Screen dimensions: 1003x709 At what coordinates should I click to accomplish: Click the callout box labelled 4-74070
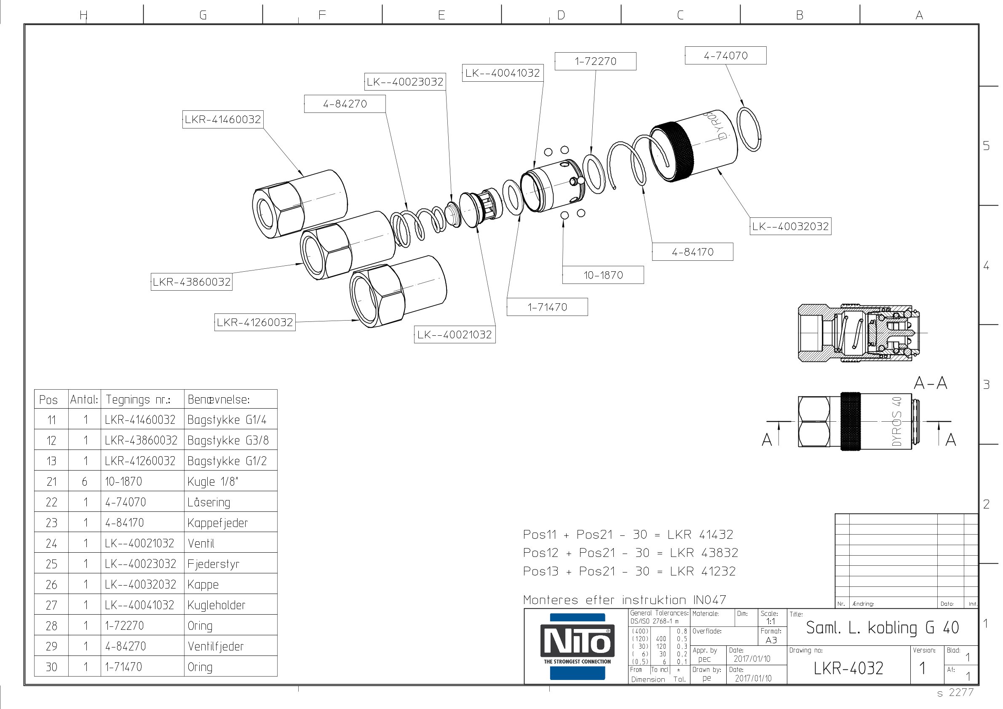725,56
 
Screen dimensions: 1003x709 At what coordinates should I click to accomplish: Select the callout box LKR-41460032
223,119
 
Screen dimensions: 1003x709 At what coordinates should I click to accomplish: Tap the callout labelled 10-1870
603,275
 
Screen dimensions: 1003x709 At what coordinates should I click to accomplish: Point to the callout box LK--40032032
790,226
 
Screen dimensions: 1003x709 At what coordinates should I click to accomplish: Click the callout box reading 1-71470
547,307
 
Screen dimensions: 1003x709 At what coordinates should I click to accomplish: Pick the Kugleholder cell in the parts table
216,605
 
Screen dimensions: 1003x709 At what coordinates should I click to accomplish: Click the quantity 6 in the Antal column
85,482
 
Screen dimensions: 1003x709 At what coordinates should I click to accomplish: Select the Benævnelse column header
219,399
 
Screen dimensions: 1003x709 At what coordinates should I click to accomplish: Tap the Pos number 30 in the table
51,667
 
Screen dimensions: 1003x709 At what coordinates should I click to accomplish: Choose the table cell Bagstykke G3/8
227,440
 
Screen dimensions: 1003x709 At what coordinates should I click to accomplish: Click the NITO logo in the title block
577,647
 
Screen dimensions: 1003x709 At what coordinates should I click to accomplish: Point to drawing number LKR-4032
848,668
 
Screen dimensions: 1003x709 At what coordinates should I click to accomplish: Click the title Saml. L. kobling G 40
882,628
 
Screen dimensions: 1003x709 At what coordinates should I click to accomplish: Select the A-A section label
931,383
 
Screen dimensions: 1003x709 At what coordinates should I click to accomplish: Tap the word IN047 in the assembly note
710,600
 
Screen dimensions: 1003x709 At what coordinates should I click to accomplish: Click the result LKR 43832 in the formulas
704,553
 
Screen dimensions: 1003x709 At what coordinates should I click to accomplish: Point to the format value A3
771,640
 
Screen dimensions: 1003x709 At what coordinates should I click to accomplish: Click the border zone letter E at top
441,15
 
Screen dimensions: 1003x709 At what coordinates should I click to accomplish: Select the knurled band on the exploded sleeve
672,152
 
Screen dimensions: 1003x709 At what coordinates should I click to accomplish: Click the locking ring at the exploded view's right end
749,129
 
